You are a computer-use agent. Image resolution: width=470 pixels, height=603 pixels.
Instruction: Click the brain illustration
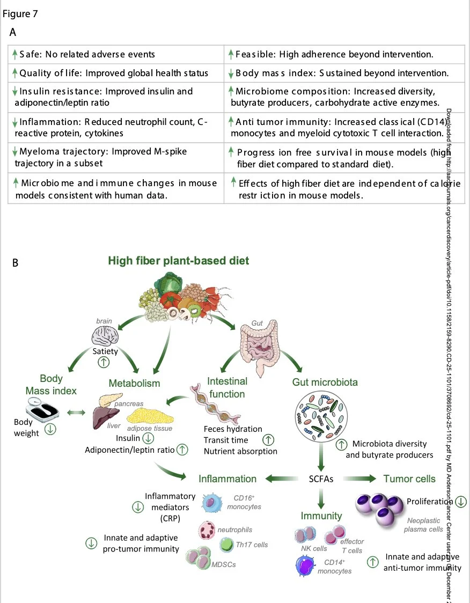[x=104, y=337]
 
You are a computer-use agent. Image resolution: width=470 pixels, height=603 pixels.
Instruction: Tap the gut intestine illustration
[x=259, y=346]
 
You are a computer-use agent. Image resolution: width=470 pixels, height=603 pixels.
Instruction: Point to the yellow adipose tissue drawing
[x=150, y=415]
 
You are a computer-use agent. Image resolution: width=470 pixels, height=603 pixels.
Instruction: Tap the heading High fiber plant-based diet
[x=179, y=261]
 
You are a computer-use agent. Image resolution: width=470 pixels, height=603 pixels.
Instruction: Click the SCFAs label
[x=321, y=479]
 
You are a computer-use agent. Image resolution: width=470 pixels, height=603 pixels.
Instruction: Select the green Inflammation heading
[x=227, y=479]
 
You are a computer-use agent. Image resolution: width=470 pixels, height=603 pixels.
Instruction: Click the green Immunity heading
[x=321, y=516]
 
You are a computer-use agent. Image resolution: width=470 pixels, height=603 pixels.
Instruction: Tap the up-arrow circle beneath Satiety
[x=105, y=362]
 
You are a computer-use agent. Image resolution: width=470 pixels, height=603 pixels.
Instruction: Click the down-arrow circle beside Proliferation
[x=460, y=502]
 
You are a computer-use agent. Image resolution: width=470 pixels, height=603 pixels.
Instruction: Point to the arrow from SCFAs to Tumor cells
[x=359, y=479]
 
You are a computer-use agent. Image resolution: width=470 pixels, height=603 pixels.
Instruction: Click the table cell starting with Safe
[x=116, y=54]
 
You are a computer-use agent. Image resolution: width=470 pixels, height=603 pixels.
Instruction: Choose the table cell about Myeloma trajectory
[x=116, y=157]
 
